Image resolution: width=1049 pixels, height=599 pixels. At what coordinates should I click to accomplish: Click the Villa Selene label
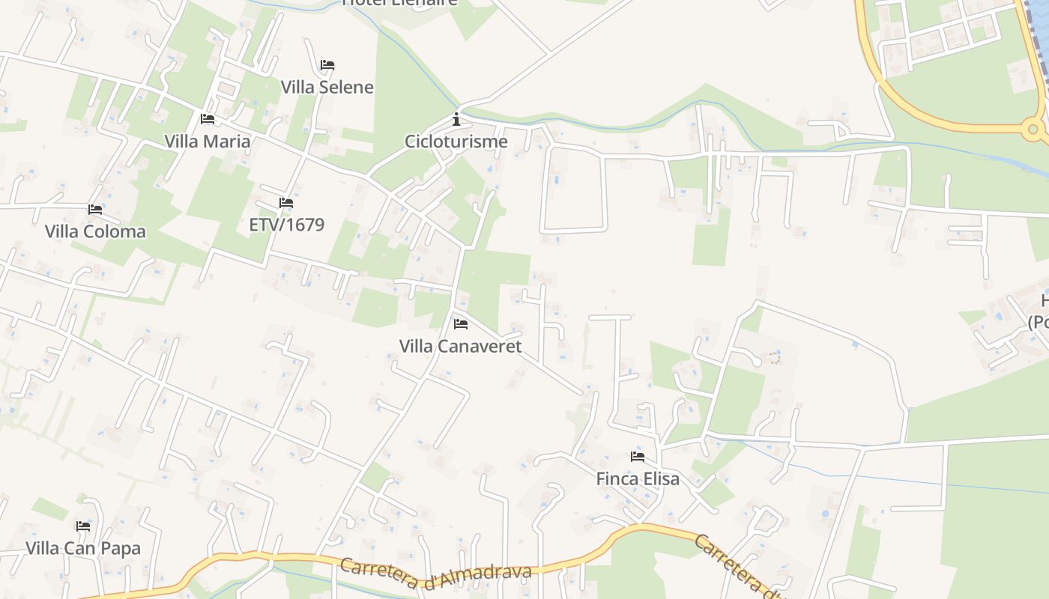(327, 87)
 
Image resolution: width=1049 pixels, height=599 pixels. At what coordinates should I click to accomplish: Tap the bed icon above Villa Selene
(327, 65)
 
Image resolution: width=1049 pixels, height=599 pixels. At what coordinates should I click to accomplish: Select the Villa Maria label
(208, 141)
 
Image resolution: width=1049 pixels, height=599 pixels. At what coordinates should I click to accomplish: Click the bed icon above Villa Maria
(208, 119)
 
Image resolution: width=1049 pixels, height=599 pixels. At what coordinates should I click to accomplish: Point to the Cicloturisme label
(456, 141)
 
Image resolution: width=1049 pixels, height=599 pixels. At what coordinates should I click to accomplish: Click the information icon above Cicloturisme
(456, 119)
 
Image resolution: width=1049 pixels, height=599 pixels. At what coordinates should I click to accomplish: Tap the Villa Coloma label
(95, 231)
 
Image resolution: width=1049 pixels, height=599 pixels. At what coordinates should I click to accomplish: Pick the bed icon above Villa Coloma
(95, 210)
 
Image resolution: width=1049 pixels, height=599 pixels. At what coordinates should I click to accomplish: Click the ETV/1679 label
(286, 225)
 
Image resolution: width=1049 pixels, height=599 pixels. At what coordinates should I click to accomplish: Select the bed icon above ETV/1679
(286, 203)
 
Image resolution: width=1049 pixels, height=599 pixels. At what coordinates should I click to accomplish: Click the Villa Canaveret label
(460, 346)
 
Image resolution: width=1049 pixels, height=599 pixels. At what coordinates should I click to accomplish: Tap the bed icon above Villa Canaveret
(461, 324)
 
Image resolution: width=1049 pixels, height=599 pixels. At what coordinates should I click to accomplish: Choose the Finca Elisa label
(638, 478)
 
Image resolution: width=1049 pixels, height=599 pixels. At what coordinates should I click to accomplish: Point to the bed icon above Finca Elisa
(638, 457)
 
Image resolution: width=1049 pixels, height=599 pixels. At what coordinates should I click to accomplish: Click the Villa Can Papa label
(83, 548)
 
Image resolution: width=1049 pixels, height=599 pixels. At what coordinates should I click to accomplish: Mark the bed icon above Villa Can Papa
(83, 526)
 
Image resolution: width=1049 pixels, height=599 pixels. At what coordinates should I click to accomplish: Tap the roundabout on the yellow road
(1033, 130)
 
